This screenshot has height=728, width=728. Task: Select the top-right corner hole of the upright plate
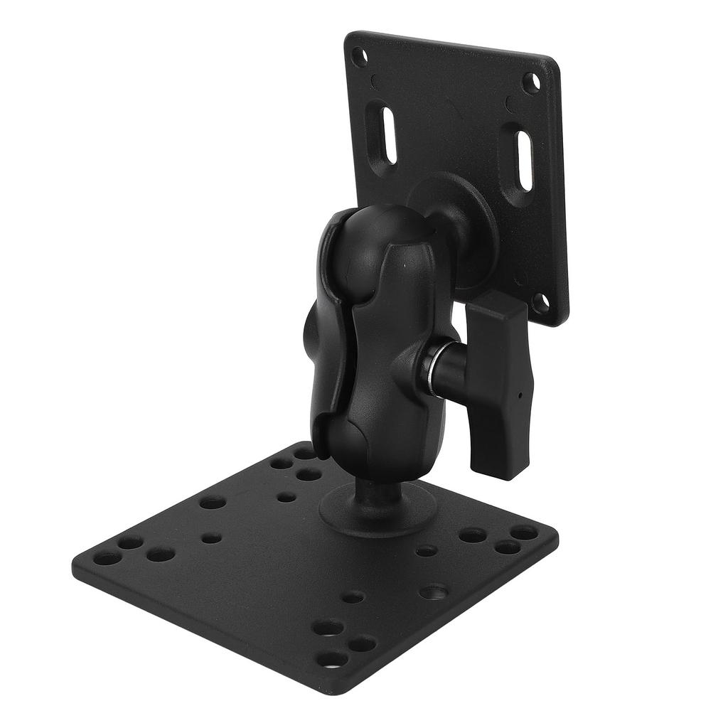(530, 82)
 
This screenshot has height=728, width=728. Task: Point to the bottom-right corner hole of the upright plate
(540, 303)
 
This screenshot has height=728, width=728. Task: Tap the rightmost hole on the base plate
(524, 532)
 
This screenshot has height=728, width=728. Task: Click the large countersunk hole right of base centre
(434, 591)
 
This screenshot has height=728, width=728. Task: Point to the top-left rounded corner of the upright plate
(350, 37)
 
